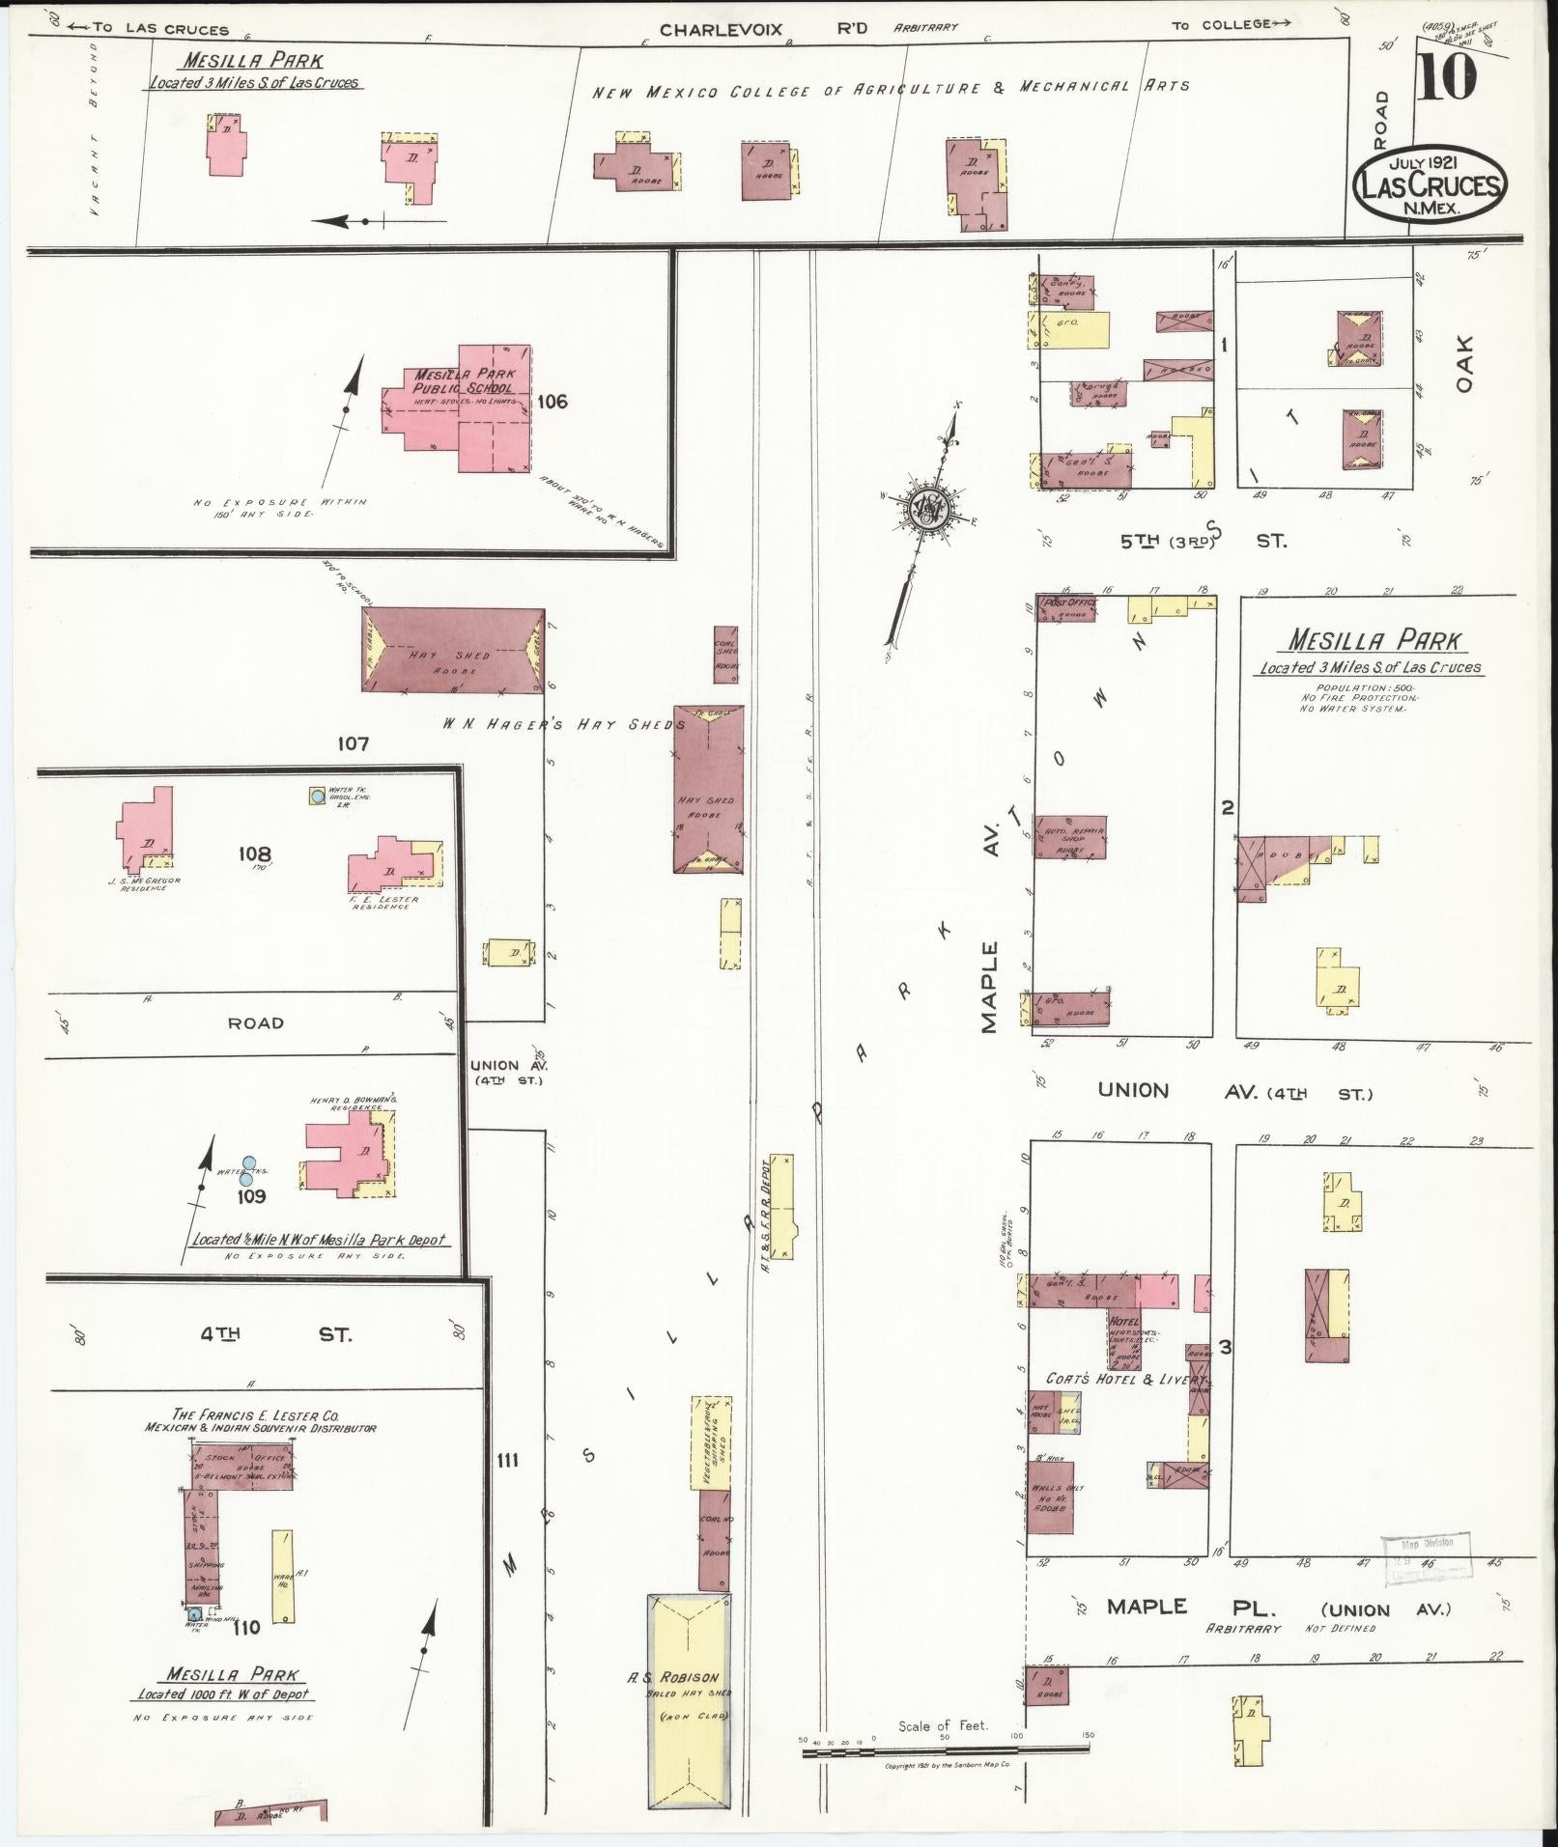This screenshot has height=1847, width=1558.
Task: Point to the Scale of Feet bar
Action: pyautogui.click(x=944, y=1749)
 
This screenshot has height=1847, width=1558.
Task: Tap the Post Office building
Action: pyautogui.click(x=1066, y=607)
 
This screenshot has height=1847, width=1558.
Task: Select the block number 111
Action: pyautogui.click(x=506, y=1460)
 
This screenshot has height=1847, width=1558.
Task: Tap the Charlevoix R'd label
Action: pyautogui.click(x=763, y=29)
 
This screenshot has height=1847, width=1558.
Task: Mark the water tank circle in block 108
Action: pyautogui.click(x=317, y=797)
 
